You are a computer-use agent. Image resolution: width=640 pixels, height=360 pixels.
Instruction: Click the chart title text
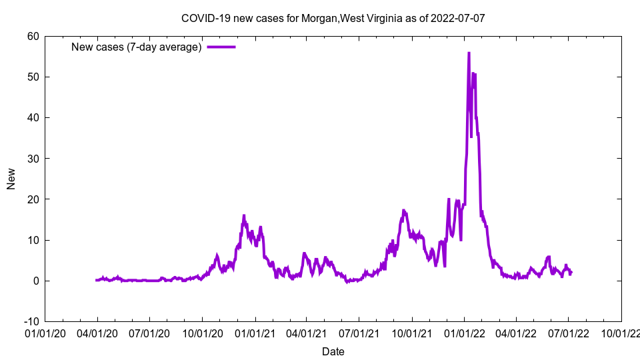point(333,18)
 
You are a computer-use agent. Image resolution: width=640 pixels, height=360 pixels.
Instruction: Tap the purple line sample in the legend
point(221,47)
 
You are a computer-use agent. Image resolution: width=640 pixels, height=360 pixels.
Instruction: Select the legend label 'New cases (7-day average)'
point(137,47)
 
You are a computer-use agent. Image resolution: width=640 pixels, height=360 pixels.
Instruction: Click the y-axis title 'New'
point(11,179)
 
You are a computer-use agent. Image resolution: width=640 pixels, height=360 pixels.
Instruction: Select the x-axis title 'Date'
point(333,351)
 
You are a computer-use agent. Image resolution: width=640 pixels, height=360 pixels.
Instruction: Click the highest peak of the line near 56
point(469,53)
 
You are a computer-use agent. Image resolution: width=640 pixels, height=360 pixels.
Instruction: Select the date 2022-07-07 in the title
point(457,18)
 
